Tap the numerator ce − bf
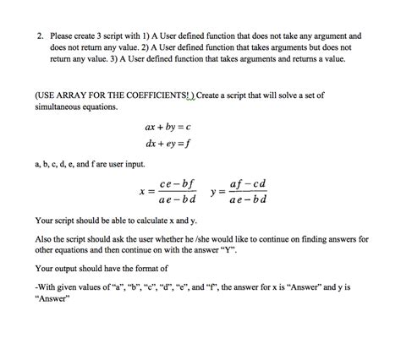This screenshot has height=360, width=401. [x=178, y=183]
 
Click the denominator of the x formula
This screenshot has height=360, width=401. [x=178, y=200]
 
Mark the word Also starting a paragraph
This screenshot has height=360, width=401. [x=44, y=239]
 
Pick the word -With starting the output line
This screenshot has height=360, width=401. [x=47, y=287]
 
